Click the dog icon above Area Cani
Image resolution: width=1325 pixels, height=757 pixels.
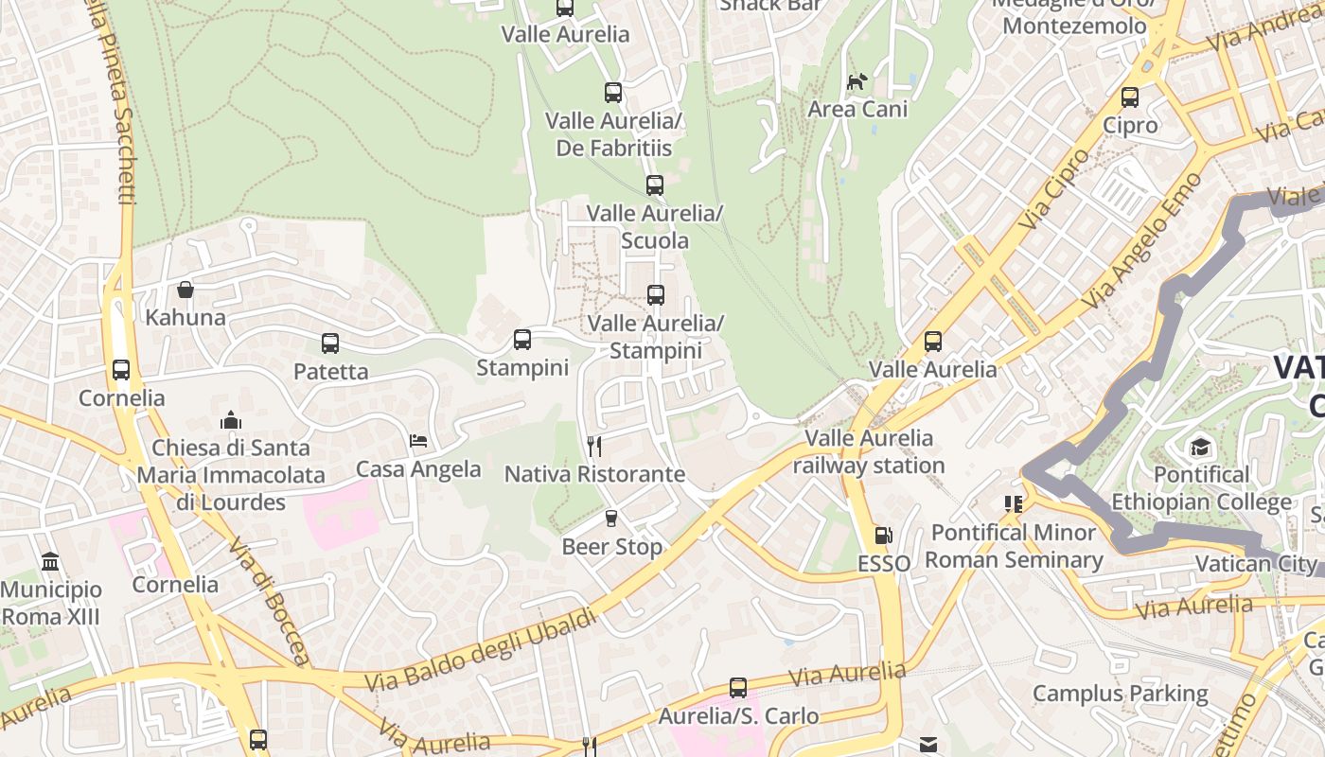click(x=857, y=82)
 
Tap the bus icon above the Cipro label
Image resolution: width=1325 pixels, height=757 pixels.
click(x=1129, y=97)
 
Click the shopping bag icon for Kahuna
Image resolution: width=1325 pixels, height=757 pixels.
click(x=185, y=289)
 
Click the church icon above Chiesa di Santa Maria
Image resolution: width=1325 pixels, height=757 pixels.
click(x=230, y=419)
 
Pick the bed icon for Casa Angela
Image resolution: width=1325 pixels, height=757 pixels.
click(x=418, y=441)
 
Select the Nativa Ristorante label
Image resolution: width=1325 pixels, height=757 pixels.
click(x=594, y=473)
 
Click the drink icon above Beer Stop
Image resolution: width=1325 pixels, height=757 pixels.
click(x=611, y=519)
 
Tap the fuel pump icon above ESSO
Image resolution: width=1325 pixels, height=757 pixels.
click(x=883, y=536)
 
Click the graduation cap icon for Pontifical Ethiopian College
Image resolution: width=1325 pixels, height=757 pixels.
click(x=1200, y=447)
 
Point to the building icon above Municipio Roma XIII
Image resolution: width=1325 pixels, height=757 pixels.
click(x=50, y=562)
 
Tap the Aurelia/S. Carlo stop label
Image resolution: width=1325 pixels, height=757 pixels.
click(x=738, y=715)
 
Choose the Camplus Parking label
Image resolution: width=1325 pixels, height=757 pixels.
click(x=1120, y=694)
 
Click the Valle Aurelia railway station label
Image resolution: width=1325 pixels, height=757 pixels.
click(x=869, y=451)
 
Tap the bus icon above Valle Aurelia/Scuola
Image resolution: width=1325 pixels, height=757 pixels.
click(x=654, y=185)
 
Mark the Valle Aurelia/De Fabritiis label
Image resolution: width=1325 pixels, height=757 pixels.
click(x=613, y=134)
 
